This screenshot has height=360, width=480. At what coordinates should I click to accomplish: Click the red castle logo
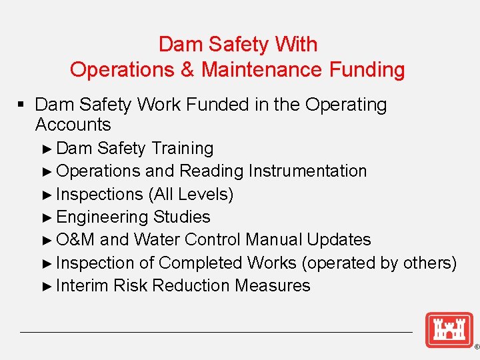[449, 330]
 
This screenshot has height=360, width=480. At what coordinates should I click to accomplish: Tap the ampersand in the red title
[189, 70]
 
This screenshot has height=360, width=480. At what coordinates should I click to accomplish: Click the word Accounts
[73, 125]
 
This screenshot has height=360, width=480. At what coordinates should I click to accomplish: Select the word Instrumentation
[307, 171]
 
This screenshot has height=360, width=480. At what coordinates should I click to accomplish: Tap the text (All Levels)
[191, 195]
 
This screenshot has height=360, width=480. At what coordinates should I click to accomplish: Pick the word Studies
[181, 217]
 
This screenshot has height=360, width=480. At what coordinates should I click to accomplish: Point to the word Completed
[202, 263]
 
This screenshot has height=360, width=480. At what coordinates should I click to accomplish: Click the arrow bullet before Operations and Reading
[47, 171]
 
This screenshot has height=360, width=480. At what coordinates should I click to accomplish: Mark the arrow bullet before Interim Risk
[47, 286]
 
